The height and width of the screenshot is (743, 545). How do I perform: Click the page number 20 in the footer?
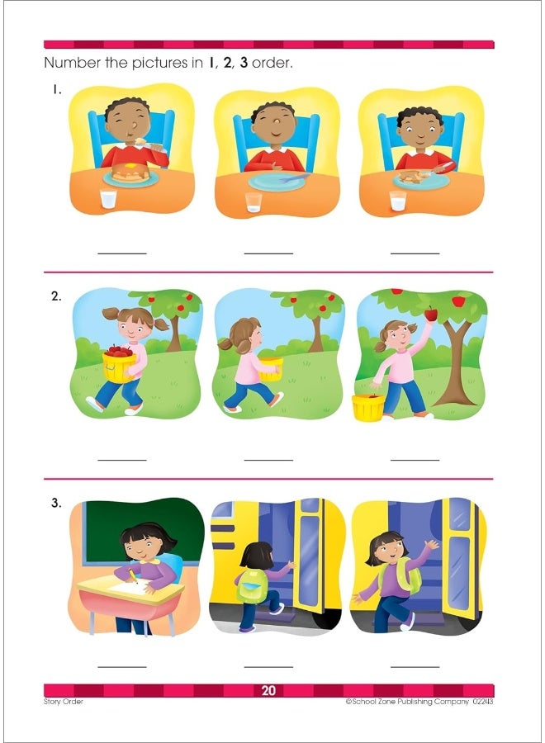tap(268, 691)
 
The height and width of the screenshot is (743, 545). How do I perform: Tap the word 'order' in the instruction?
tap(272, 63)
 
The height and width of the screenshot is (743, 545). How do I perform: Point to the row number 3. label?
tap(56, 502)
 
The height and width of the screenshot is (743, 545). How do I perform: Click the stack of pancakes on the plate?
tap(130, 173)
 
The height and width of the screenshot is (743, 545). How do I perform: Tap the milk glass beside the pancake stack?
tap(108, 199)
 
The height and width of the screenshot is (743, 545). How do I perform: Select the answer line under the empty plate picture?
tap(268, 253)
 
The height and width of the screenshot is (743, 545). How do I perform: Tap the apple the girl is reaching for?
tap(430, 313)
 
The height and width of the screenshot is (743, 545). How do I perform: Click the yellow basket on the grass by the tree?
tap(367, 406)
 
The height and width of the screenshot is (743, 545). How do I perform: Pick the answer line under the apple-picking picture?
tap(415, 460)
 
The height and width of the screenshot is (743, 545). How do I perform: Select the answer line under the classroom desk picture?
tap(122, 666)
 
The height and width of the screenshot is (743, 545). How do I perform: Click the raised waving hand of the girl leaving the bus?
tap(429, 546)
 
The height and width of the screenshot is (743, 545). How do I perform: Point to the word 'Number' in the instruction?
tap(72, 63)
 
